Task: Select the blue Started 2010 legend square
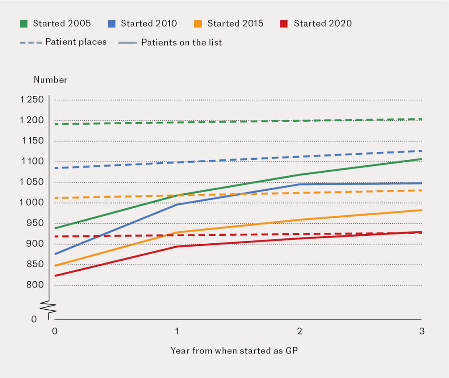(x=112, y=24)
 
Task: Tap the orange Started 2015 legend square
(x=199, y=24)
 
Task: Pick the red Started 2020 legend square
(x=285, y=24)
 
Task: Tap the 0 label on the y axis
(x=34, y=319)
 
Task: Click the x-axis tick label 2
(x=299, y=331)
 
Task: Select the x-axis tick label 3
(x=421, y=331)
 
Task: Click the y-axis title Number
(x=50, y=80)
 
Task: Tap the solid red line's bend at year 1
(x=177, y=246)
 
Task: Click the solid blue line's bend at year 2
(x=299, y=184)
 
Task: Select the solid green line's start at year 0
(x=55, y=228)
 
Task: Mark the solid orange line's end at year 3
(x=421, y=210)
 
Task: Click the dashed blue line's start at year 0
(x=55, y=168)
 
